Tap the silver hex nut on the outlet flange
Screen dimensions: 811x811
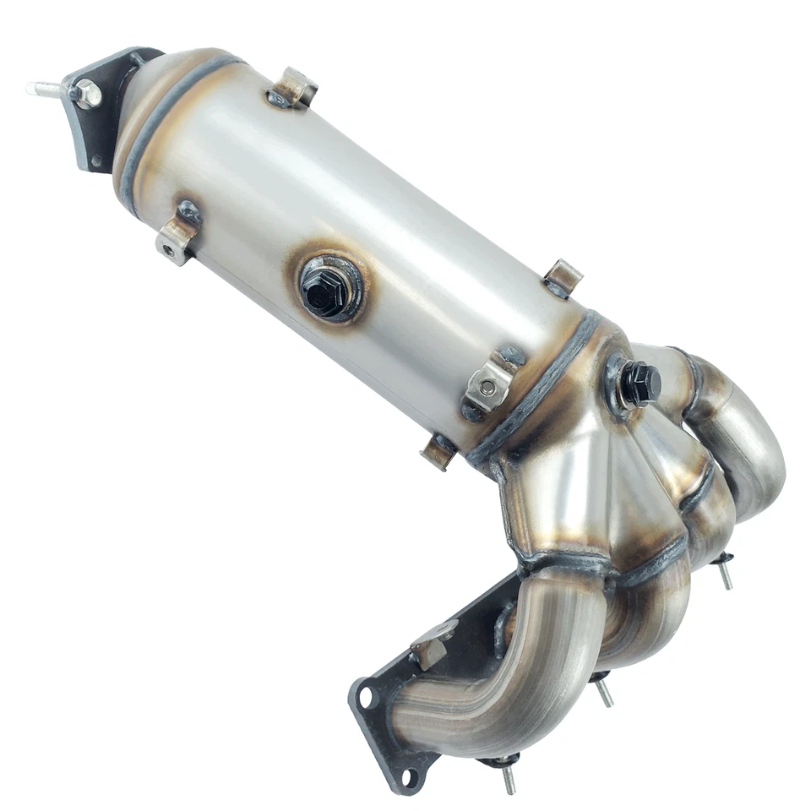[87, 94]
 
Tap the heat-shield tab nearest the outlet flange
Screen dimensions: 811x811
[295, 87]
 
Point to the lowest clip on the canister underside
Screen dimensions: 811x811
[439, 451]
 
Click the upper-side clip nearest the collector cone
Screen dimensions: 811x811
[562, 278]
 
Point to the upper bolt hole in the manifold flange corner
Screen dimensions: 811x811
[365, 697]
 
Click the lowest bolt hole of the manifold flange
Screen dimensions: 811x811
[409, 776]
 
